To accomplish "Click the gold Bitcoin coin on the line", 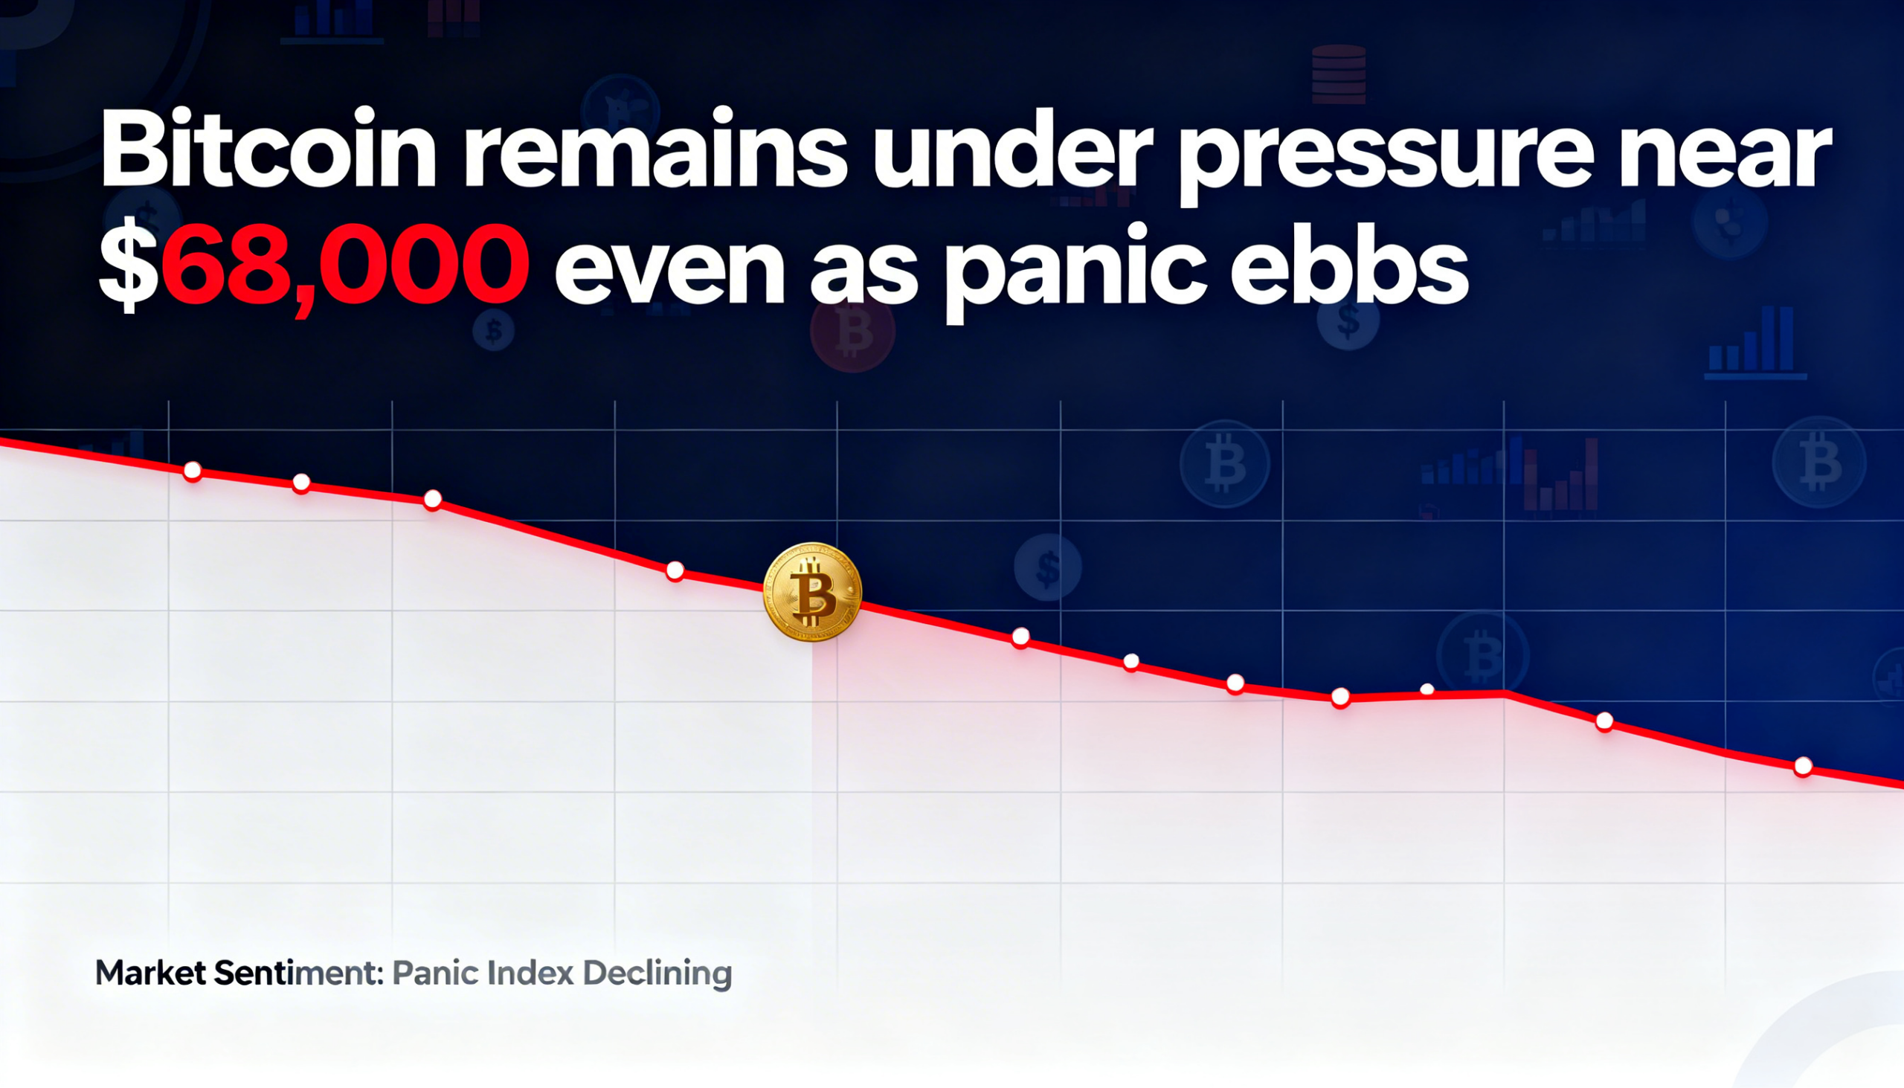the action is click(x=812, y=592).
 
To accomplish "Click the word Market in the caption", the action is click(x=150, y=973).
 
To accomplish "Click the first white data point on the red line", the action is click(x=193, y=471).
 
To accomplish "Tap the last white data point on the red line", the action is click(x=1803, y=766).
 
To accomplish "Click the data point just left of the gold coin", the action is click(x=675, y=571).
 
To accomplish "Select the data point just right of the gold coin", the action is click(x=1020, y=637).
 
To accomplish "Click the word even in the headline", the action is click(x=669, y=272).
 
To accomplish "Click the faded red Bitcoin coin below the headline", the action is click(x=852, y=330).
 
